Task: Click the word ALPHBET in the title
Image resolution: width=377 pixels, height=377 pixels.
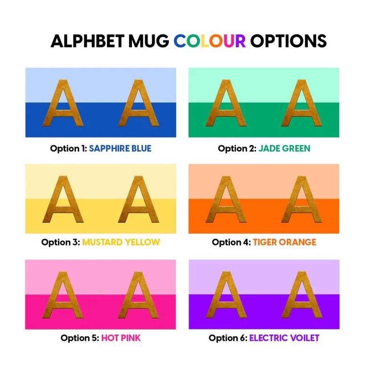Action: tap(88, 41)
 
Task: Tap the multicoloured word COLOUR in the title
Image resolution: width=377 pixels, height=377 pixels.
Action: tap(209, 41)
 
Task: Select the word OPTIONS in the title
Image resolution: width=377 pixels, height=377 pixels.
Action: tap(288, 41)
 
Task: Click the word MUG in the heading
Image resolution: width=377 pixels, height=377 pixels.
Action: tap(148, 41)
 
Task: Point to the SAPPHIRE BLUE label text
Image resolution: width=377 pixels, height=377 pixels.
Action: tap(120, 148)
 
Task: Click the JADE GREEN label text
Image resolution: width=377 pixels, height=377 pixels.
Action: tap(285, 148)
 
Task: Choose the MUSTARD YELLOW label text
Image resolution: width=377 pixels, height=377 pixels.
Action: tap(121, 242)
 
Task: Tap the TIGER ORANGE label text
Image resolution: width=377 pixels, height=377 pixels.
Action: tap(285, 242)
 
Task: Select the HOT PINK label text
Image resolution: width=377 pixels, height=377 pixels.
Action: tap(121, 338)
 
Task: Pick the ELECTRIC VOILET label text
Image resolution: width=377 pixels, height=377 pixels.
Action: tap(284, 338)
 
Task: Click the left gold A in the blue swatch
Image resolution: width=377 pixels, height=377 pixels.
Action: tap(63, 103)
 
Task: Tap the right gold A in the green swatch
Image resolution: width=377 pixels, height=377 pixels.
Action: tap(302, 103)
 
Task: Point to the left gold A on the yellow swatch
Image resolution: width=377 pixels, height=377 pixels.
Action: tap(63, 199)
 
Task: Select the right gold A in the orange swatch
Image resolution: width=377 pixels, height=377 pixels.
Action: tap(302, 199)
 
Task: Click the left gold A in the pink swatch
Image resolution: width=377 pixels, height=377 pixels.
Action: tap(63, 295)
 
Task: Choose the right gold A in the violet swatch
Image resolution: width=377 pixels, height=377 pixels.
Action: tap(302, 295)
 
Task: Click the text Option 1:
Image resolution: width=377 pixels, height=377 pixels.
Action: tap(68, 149)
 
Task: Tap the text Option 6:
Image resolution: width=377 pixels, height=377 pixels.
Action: tap(228, 338)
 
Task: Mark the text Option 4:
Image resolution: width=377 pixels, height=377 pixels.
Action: tap(231, 242)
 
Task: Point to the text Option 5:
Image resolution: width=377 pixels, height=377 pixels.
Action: tap(80, 338)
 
